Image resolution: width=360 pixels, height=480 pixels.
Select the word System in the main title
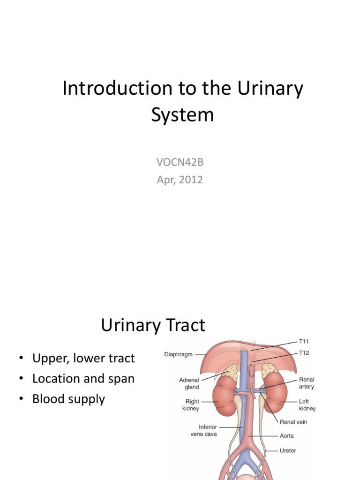pyautogui.click(x=182, y=114)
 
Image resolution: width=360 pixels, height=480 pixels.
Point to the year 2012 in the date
pyautogui.click(x=190, y=180)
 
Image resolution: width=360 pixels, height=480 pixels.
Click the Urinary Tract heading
pyautogui.click(x=153, y=325)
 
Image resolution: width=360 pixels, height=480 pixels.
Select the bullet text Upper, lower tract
pyautogui.click(x=83, y=359)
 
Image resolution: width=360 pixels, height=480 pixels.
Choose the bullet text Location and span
pyautogui.click(x=83, y=379)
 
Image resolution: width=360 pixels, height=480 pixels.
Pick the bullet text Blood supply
pyautogui.click(x=68, y=399)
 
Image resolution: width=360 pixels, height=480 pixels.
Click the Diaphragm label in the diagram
pyautogui.click(x=179, y=355)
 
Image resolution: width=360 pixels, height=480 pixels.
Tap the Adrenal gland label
pyautogui.click(x=189, y=383)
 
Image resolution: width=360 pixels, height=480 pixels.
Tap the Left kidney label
pyautogui.click(x=307, y=405)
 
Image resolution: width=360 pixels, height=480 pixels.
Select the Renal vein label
pyautogui.click(x=293, y=422)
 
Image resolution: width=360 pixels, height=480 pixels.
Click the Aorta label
pyautogui.click(x=287, y=435)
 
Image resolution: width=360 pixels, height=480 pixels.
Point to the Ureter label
pyautogui.click(x=288, y=450)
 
